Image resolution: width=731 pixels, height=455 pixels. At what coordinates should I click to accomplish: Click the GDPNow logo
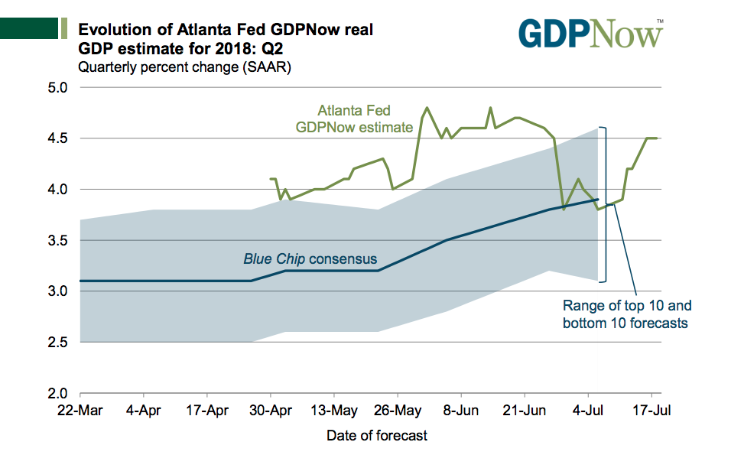click(590, 34)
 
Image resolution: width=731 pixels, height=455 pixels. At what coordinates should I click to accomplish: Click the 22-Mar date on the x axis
click(80, 411)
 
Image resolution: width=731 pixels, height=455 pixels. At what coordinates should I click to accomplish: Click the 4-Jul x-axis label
click(589, 411)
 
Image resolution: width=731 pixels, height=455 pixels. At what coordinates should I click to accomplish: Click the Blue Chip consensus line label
click(310, 259)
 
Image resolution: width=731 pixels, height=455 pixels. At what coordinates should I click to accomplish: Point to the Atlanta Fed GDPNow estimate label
click(355, 118)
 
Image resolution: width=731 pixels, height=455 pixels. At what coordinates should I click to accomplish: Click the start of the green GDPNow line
click(271, 179)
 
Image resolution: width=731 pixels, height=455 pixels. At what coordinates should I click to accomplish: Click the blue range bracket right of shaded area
click(606, 204)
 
